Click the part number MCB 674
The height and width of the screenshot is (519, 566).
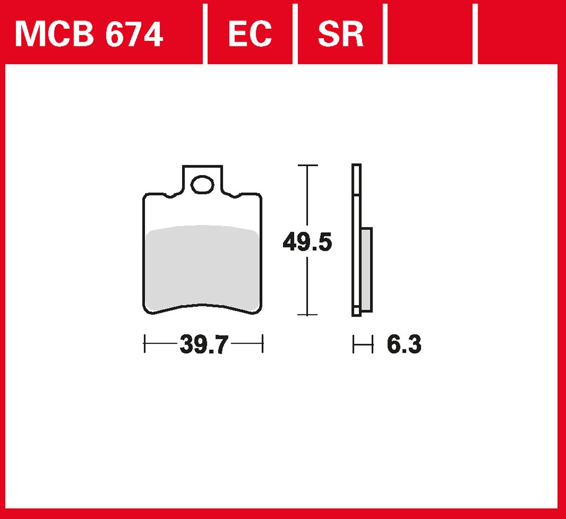(x=89, y=34)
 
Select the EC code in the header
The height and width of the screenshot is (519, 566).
(x=250, y=34)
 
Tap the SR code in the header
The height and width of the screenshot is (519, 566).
(x=340, y=34)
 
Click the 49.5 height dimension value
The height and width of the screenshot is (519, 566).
(x=307, y=242)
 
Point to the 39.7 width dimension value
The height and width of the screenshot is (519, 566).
(x=204, y=344)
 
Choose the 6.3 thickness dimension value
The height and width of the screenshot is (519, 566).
(x=404, y=344)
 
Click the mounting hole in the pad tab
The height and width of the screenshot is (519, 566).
(x=202, y=185)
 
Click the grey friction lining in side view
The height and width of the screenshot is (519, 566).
(x=366, y=269)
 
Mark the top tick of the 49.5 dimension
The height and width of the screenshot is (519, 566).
(x=307, y=165)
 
